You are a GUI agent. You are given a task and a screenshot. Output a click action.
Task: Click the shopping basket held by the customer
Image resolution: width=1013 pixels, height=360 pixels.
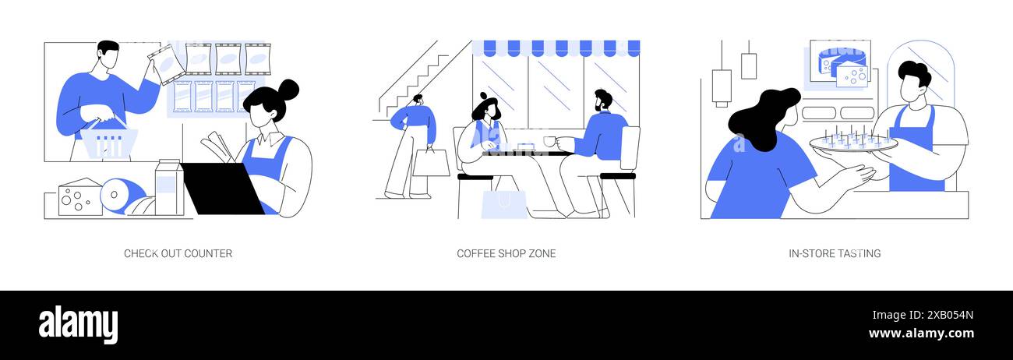(109, 141)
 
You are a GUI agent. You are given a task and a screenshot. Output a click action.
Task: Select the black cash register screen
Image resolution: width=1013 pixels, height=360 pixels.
(224, 189)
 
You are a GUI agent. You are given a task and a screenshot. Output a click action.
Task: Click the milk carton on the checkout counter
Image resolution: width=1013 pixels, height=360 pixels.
(169, 187)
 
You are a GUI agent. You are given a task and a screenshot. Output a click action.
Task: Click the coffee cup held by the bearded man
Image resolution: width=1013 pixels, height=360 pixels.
(549, 142)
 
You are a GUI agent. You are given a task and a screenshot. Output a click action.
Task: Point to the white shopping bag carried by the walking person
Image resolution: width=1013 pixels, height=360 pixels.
(431, 162)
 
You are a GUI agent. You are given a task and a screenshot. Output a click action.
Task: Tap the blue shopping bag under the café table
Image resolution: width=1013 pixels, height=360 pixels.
(504, 204)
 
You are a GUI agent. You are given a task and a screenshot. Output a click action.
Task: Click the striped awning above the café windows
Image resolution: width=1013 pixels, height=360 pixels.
(556, 48)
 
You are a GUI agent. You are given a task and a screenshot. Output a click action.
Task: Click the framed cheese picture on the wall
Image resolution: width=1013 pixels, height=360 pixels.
(840, 62)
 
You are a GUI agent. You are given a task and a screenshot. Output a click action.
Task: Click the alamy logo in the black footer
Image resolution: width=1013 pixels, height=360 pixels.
(78, 325)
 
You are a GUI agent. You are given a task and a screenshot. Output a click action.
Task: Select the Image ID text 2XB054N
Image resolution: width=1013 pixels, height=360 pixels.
(950, 316)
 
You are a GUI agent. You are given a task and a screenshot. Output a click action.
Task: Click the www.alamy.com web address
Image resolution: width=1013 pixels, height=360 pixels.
(921, 334)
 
